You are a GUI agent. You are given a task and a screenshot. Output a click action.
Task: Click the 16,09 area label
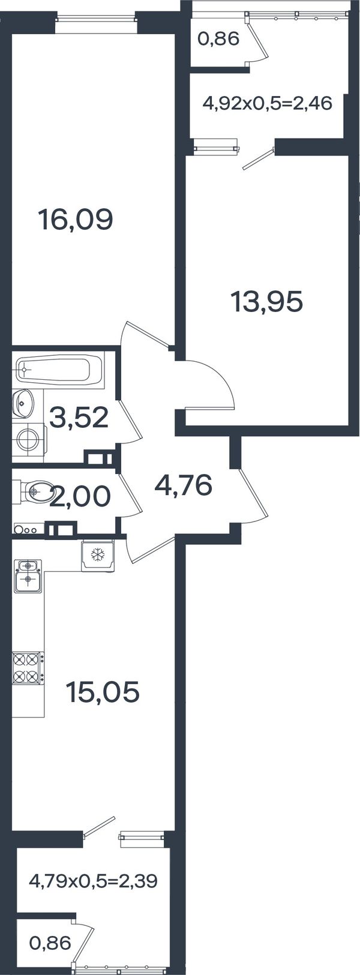[x=76, y=219]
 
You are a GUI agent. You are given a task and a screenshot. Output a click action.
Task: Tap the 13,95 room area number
[x=267, y=301]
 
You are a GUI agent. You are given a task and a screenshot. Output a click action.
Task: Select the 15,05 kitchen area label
[x=103, y=692]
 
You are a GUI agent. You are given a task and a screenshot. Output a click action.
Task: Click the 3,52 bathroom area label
[x=79, y=417]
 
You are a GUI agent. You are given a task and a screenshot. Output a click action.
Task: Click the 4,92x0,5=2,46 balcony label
[x=268, y=104]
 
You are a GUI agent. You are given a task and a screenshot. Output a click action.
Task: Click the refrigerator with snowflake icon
[x=98, y=555]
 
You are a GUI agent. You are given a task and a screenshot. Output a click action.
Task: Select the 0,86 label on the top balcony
[x=218, y=40]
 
